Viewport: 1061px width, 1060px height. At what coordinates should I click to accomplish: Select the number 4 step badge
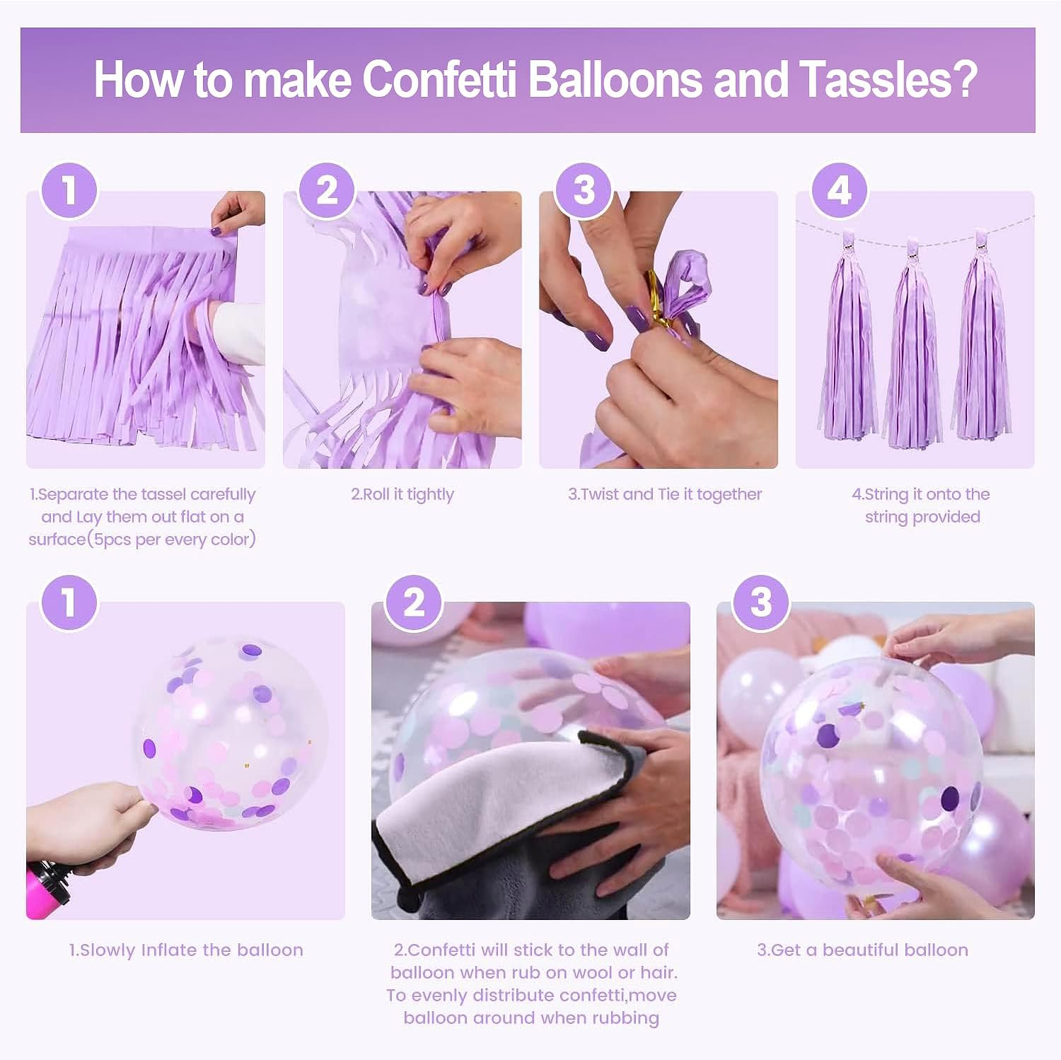pos(839,191)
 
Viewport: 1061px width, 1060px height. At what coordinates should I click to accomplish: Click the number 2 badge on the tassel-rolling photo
pos(327,191)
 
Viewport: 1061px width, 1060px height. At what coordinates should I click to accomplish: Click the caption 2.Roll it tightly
pos(402,494)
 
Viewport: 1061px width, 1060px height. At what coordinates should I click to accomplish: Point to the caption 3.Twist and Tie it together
pos(665,494)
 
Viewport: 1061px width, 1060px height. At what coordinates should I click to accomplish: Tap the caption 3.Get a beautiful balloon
pos(862,950)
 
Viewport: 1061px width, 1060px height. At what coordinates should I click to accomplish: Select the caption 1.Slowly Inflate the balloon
pos(186,950)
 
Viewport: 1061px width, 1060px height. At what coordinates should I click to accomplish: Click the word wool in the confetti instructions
pos(604,972)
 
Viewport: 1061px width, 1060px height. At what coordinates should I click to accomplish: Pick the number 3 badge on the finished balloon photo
pos(760,602)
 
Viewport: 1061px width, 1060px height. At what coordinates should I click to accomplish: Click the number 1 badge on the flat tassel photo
pos(69,191)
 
